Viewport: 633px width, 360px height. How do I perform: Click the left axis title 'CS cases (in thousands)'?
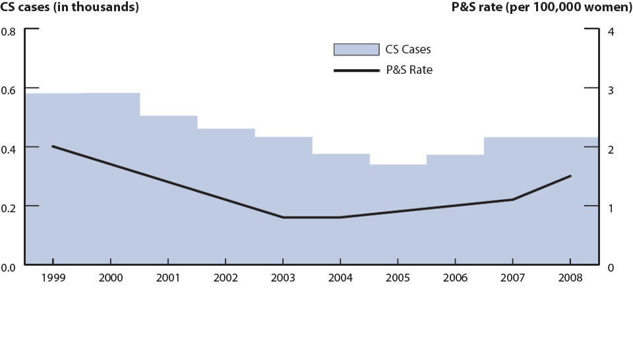(x=70, y=8)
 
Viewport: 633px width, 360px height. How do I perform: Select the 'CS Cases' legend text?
(x=409, y=49)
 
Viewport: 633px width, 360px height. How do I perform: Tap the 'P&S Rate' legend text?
(x=409, y=70)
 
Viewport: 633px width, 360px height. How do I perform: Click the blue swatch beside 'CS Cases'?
(x=357, y=49)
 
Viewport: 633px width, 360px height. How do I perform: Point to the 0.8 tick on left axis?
(x=9, y=31)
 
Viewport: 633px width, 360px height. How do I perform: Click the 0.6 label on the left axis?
(x=9, y=90)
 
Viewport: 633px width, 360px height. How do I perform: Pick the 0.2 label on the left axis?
(x=9, y=208)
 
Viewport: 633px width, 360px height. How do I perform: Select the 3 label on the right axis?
(x=611, y=90)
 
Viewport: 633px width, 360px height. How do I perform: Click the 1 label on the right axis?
(x=611, y=208)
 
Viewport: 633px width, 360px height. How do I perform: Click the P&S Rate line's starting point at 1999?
(x=53, y=146)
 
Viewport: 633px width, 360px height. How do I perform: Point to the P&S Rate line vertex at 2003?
(x=283, y=217)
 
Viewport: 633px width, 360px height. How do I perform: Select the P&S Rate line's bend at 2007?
(x=512, y=199)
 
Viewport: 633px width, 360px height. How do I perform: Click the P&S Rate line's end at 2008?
(x=570, y=176)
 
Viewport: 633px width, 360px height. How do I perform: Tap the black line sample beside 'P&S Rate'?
(x=357, y=70)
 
